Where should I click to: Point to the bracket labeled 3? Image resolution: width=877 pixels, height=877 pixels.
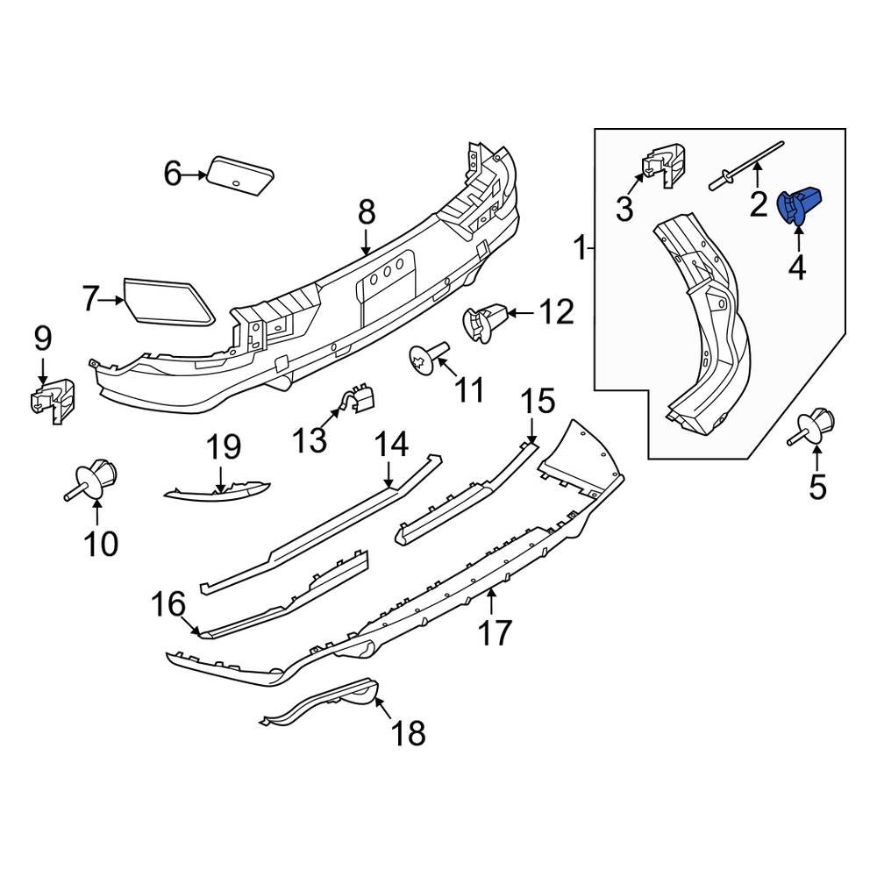click(x=663, y=166)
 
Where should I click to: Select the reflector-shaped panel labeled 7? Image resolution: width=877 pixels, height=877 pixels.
click(x=168, y=301)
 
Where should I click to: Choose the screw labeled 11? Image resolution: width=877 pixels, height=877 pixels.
click(x=429, y=357)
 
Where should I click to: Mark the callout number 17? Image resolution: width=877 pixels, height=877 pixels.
click(x=495, y=631)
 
